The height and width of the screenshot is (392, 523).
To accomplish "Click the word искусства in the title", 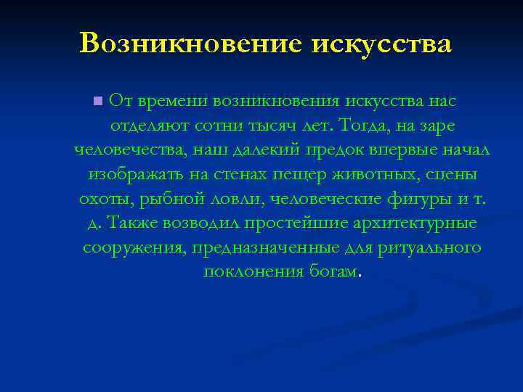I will coord(381,44).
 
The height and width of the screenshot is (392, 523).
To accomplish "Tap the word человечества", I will coord(123,150).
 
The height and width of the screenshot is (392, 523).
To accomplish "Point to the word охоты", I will coord(102,199).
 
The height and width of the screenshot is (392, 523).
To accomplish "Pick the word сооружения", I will coord(136,248).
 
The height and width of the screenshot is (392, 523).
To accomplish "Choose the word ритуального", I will coord(429,248).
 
